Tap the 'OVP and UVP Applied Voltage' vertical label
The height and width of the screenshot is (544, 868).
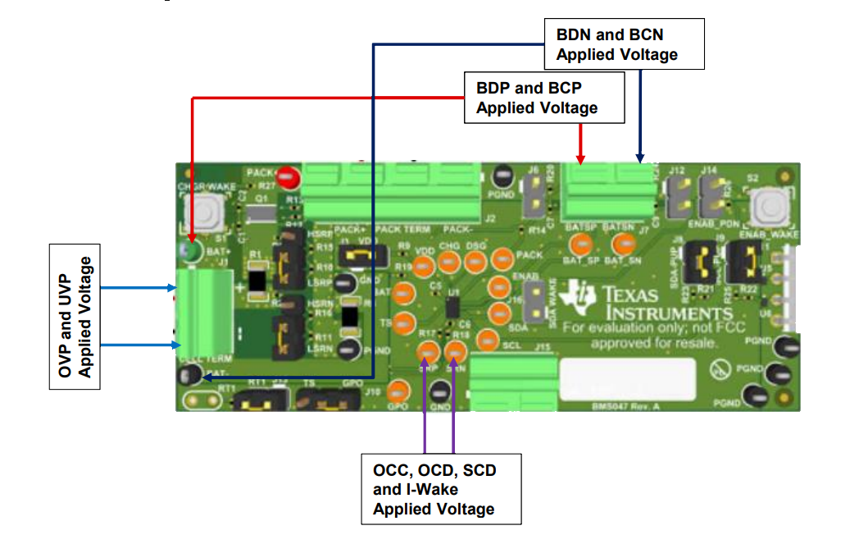tap(75, 316)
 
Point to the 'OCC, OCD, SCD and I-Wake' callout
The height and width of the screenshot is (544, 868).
tap(440, 489)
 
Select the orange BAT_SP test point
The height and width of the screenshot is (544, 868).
tap(581, 243)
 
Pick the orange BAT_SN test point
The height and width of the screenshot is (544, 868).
tap(624, 243)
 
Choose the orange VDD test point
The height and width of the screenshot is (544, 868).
tap(423, 265)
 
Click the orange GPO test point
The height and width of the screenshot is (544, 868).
tap(398, 391)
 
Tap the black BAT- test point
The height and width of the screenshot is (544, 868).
tap(189, 376)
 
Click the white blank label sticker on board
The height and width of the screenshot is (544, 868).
tap(627, 377)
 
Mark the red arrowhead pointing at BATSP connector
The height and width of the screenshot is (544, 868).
tap(581, 159)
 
